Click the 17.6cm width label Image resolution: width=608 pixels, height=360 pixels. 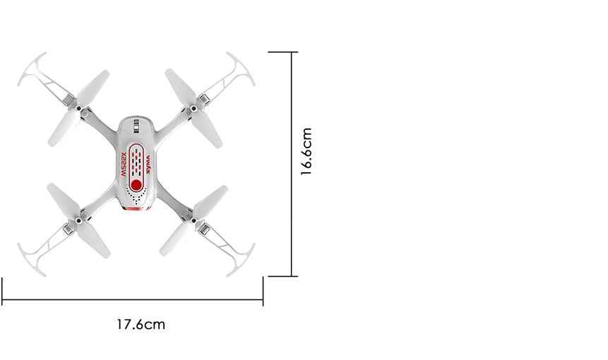(x=141, y=324)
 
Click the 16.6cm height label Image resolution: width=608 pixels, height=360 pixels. (x=306, y=151)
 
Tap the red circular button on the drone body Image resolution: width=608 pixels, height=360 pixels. (x=136, y=185)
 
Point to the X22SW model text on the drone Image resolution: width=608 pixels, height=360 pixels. (x=124, y=164)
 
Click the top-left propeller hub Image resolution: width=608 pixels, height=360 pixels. (x=78, y=109)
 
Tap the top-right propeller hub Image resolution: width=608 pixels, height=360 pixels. (x=193, y=109)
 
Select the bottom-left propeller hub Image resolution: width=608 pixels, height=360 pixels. (x=78, y=220)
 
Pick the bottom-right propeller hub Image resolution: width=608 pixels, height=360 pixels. (x=193, y=220)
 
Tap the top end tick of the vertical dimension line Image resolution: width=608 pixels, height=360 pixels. (x=283, y=52)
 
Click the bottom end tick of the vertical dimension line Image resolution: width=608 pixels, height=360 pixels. (x=283, y=276)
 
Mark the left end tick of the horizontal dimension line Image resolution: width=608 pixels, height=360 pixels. (x=2, y=292)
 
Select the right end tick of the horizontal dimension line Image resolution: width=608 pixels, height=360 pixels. (x=263, y=292)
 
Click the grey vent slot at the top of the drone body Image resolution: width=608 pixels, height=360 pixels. (x=136, y=126)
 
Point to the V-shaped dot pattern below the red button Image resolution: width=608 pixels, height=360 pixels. (x=136, y=196)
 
